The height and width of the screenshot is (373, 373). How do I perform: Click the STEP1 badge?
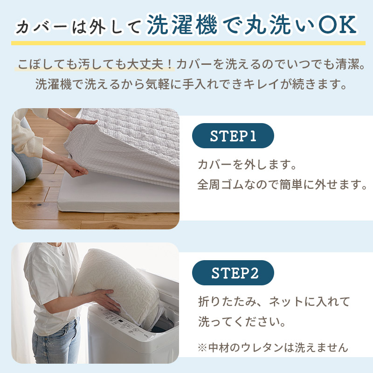tap(233, 136)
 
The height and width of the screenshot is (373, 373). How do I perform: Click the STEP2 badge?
tap(233, 273)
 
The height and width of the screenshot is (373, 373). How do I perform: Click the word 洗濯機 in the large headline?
tap(182, 25)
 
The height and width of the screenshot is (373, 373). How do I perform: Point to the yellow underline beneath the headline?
tap(188, 43)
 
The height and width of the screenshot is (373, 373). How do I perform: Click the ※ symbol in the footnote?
tap(202, 348)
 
